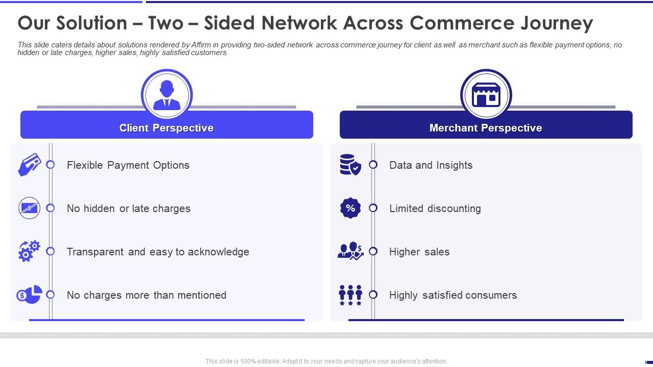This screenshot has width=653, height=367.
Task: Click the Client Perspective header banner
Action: coord(166,127)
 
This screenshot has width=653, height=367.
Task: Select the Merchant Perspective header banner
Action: coord(486,127)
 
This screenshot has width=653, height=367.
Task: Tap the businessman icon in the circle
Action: coord(166,95)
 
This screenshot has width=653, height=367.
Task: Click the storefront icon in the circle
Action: coord(486,95)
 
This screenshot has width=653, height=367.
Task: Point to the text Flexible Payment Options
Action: coord(128,165)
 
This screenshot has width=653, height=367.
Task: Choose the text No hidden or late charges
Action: coord(129,208)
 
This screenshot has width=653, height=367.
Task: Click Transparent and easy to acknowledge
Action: coord(158,252)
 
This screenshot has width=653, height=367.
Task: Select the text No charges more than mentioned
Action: coord(146,295)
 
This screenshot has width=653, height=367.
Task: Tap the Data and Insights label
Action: coord(431,165)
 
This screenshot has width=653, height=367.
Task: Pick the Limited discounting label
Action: coord(435,208)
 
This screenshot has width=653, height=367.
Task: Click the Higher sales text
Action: coord(419,252)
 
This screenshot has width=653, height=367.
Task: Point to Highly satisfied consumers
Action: coord(453,295)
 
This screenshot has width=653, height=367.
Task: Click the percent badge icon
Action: coord(350,208)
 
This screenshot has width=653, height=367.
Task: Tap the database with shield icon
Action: coord(350,165)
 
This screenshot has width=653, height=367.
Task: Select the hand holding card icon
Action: coord(29,165)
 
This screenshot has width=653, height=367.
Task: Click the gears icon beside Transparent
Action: coord(29,251)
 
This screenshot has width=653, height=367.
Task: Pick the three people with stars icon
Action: coord(350,295)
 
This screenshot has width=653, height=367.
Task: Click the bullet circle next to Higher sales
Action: coord(373,251)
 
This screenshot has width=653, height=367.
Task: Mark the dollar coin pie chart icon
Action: coord(29,295)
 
